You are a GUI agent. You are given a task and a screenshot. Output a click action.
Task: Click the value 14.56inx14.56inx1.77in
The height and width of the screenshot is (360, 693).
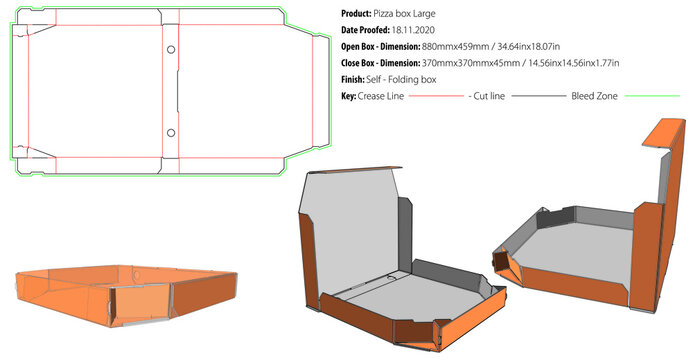[x=569, y=63]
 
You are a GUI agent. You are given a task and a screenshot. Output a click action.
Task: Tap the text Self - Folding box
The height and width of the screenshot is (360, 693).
[x=403, y=79]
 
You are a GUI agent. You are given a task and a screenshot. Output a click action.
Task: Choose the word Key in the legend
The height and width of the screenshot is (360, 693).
[x=349, y=96]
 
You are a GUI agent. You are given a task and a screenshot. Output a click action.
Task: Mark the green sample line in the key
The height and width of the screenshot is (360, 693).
[x=652, y=96]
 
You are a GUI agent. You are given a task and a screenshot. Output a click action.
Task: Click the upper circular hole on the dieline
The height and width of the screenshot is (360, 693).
[x=171, y=50]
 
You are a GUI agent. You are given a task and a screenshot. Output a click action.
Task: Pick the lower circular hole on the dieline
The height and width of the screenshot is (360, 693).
[x=171, y=133]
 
